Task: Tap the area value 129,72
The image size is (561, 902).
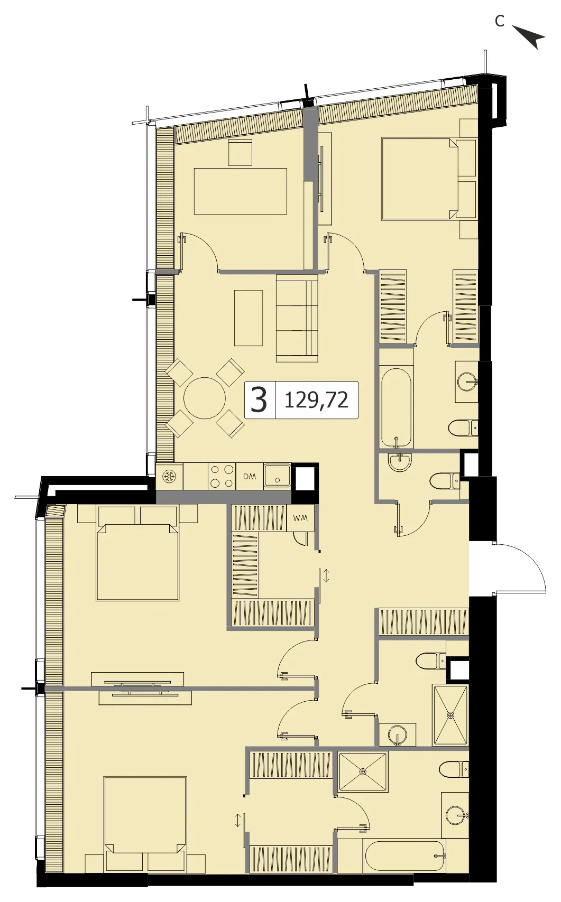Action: [316, 401]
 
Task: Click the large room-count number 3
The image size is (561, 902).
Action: [259, 400]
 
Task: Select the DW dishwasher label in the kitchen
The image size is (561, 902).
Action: [250, 477]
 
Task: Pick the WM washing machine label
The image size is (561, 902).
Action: [300, 518]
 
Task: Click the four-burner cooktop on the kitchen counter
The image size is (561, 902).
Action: [222, 477]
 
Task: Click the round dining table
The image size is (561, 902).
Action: [205, 398]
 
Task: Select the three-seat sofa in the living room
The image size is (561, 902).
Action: [297, 318]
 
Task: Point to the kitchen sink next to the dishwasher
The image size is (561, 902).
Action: [277, 477]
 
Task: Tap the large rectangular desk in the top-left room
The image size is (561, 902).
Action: [240, 191]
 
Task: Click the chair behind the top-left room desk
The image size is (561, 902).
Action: [240, 152]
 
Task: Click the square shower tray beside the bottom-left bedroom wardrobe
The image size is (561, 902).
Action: [363, 772]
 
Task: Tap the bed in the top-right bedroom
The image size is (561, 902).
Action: [420, 179]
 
